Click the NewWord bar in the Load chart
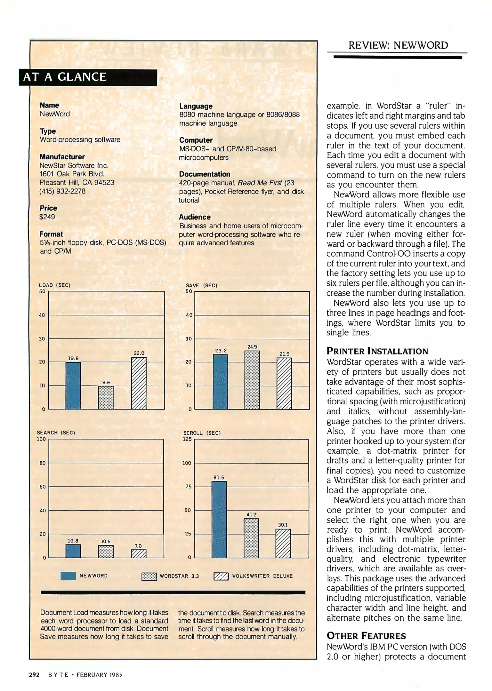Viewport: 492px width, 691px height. (73, 385)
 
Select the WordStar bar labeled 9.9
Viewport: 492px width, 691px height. (106, 398)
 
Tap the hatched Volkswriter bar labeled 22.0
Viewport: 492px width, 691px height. (139, 383)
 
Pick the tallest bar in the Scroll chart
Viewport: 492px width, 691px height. (219, 520)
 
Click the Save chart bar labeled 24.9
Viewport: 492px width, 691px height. (252, 380)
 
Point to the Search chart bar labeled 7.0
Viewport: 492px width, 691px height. (138, 554)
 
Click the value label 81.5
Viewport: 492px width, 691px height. (219, 477)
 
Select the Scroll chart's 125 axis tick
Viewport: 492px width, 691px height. (187, 439)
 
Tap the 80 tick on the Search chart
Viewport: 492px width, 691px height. (43, 463)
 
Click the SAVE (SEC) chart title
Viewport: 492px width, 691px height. (201, 285)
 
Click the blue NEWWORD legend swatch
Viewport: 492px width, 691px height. (68, 576)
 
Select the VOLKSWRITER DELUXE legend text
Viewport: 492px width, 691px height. (262, 576)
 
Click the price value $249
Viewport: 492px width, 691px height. (47, 217)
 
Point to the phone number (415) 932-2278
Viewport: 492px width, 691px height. (62, 191)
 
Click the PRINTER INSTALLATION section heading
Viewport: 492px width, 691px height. (377, 351)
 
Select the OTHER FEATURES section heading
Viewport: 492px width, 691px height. (366, 636)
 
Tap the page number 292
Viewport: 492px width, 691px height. (34, 675)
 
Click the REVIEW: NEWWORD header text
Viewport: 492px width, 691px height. (398, 45)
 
